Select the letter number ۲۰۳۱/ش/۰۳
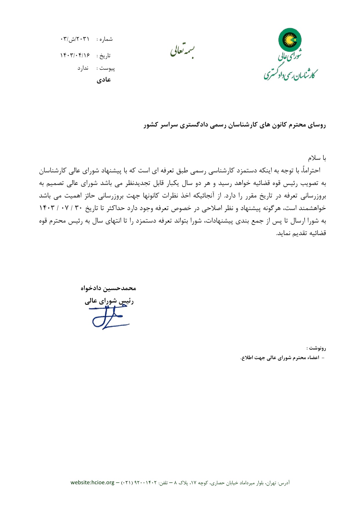click(x=75, y=39)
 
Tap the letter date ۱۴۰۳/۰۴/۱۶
click(x=75, y=55)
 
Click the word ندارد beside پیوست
click(x=83, y=68)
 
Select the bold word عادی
click(x=104, y=80)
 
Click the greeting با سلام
click(x=317, y=158)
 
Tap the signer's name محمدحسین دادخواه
click(x=108, y=288)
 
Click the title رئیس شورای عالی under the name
click(x=109, y=301)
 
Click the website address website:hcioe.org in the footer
click(x=93, y=483)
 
